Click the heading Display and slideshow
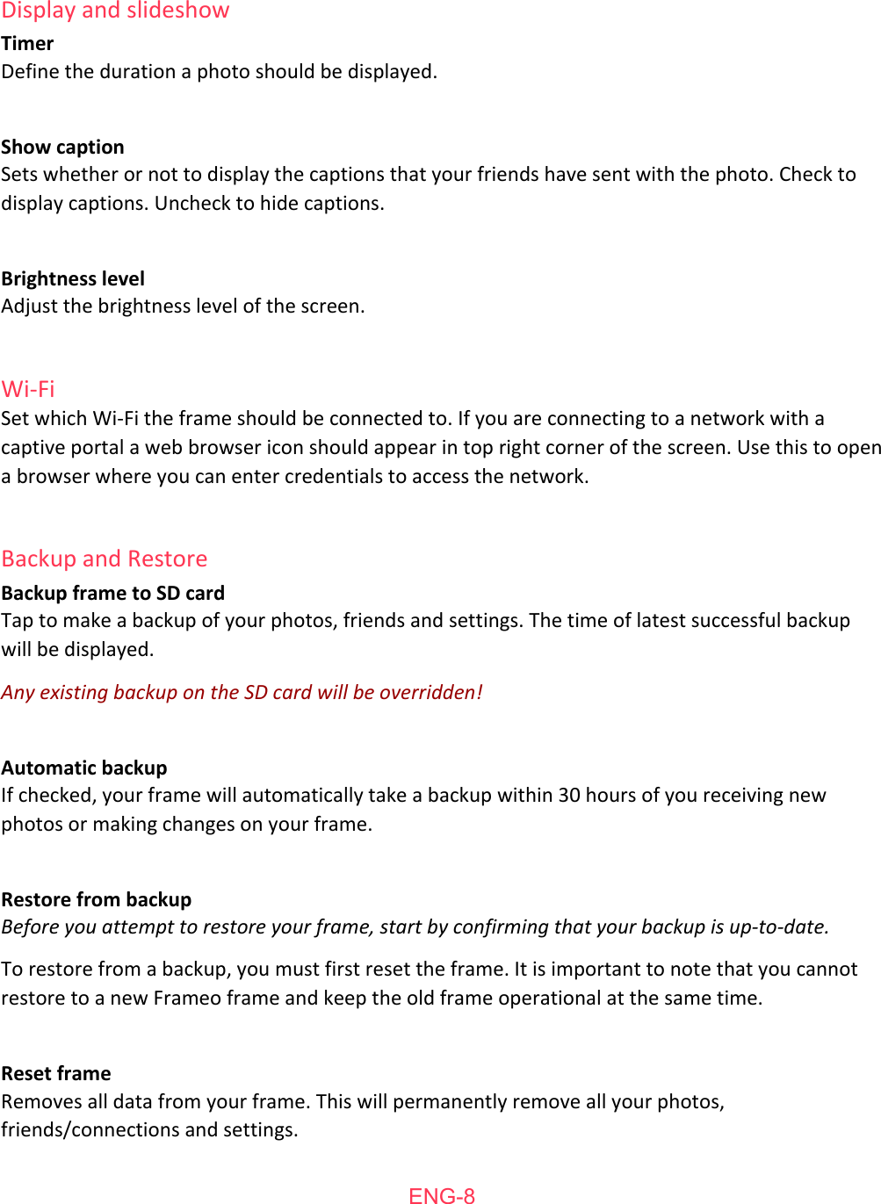pos(115,11)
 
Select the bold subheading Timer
pos(27,44)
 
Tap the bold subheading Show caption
pos(62,147)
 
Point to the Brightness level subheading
pos(73,278)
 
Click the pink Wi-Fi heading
pos(28,389)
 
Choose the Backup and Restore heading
pos(105,559)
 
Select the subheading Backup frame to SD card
pos(113,593)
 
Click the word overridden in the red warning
pos(430,692)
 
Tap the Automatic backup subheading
pos(84,768)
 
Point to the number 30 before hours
pos(569,795)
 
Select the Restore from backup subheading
pos(97,899)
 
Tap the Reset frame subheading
pos(56,1073)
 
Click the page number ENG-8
pos(442,1195)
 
